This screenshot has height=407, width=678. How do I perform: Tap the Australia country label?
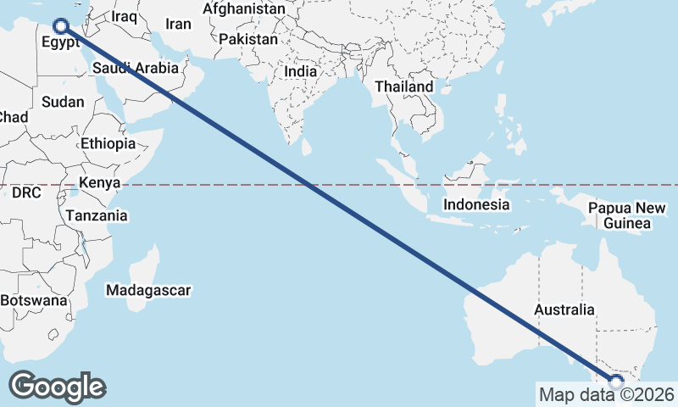click(564, 310)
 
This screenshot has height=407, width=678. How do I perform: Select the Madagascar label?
click(148, 290)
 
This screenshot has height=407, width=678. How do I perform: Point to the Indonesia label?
click(476, 204)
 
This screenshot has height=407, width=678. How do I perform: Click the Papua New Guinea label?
click(627, 215)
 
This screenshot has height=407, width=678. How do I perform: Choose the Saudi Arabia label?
click(136, 68)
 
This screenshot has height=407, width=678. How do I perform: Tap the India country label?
click(300, 72)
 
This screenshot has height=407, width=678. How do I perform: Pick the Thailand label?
click(404, 86)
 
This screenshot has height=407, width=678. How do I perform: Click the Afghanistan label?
click(244, 8)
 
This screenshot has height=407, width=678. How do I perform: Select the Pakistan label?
click(247, 39)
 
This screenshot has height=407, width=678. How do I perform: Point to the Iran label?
click(178, 24)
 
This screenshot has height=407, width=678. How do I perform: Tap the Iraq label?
click(124, 16)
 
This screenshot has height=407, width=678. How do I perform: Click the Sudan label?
click(63, 102)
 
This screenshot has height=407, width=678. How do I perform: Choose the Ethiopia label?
click(108, 143)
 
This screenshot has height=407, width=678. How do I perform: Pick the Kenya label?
click(99, 182)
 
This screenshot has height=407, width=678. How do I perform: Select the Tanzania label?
click(98, 215)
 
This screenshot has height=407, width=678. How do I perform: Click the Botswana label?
click(34, 300)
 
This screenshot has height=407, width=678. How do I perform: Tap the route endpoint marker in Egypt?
click(61, 26)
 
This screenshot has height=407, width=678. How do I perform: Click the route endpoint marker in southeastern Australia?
click(616, 382)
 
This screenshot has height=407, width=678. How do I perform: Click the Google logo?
click(57, 387)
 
